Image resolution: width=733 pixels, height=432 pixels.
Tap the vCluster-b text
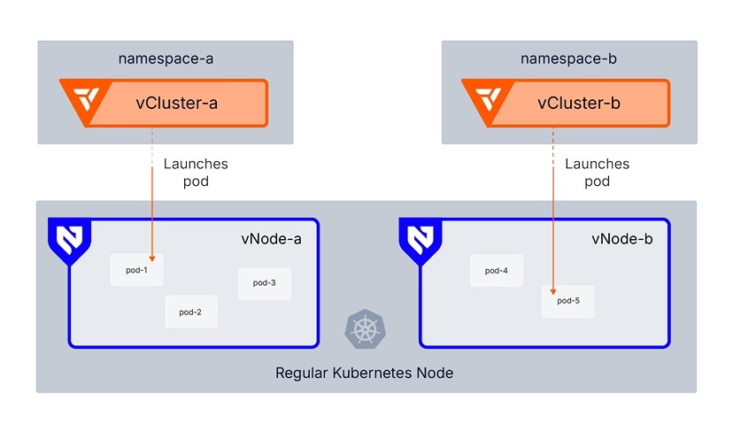tap(579, 103)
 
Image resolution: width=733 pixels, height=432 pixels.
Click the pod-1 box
tap(136, 269)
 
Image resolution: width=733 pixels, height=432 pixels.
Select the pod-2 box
tap(190, 312)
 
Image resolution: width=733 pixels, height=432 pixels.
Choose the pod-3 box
tap(264, 283)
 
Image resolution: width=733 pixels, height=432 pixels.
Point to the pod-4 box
tap(496, 270)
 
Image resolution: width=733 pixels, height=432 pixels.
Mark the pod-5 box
tap(567, 301)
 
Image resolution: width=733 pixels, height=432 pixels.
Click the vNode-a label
tap(271, 238)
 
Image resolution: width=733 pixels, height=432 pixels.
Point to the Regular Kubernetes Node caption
tap(365, 373)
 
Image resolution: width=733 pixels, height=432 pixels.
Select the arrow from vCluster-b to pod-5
tap(555, 221)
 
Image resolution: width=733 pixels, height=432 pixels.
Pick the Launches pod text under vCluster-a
tap(196, 173)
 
